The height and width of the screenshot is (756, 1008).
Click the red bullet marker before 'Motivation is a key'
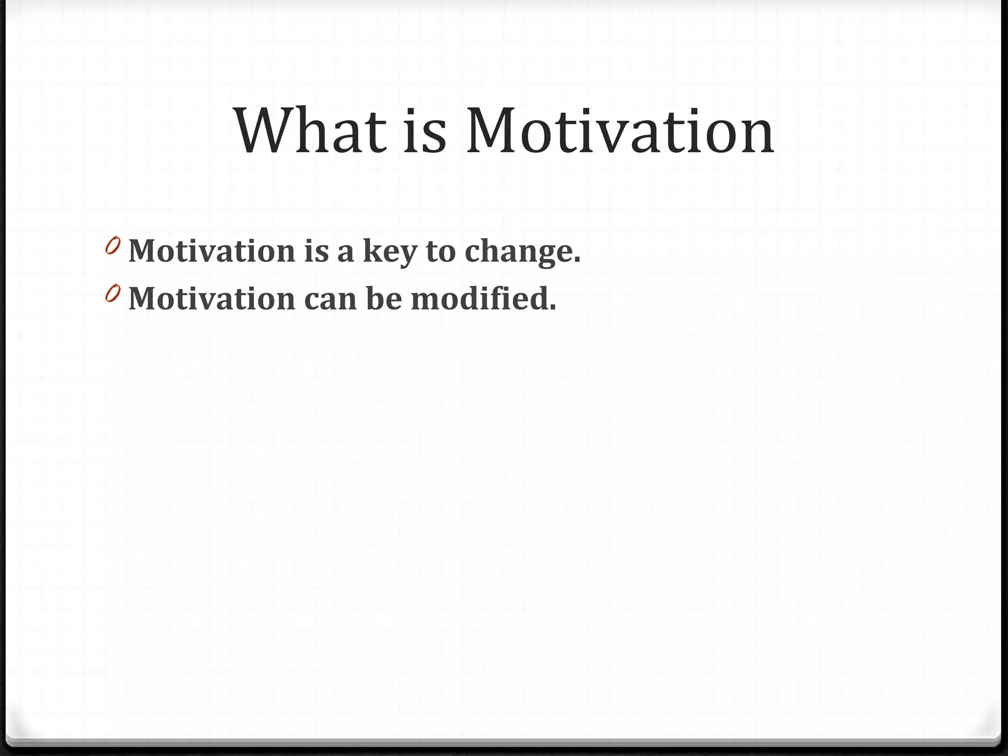coord(113,246)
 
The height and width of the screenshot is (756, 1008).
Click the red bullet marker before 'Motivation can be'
coord(113,293)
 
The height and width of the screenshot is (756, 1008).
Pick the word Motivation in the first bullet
coord(212,251)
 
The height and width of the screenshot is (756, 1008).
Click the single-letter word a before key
coord(346,252)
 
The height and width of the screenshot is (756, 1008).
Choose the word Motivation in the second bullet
coord(212,299)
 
